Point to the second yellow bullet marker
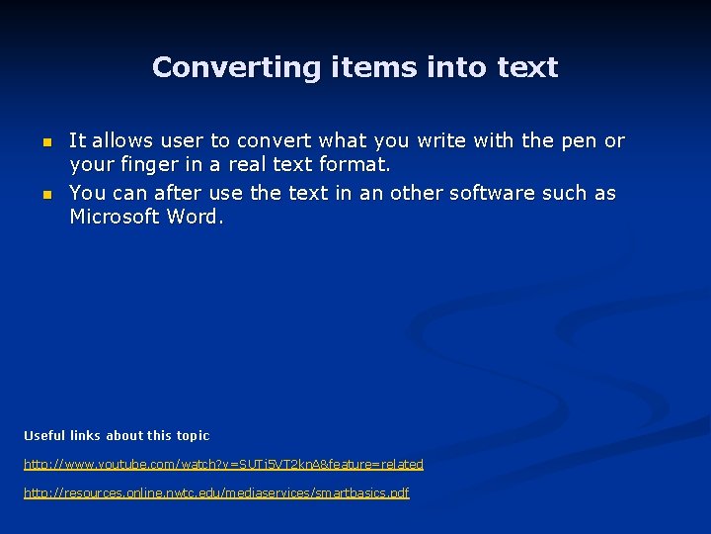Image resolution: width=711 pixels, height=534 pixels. [x=44, y=195]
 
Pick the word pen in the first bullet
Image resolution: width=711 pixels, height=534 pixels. [x=578, y=141]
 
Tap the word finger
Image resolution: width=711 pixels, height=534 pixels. [x=147, y=165]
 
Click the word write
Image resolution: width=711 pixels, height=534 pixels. [x=444, y=141]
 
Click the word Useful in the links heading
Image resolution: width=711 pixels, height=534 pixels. [x=44, y=436]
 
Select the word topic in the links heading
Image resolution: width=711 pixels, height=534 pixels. [x=193, y=436]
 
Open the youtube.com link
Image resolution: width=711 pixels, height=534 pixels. [x=223, y=465]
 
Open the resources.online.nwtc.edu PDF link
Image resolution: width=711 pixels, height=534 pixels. [x=216, y=492]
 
